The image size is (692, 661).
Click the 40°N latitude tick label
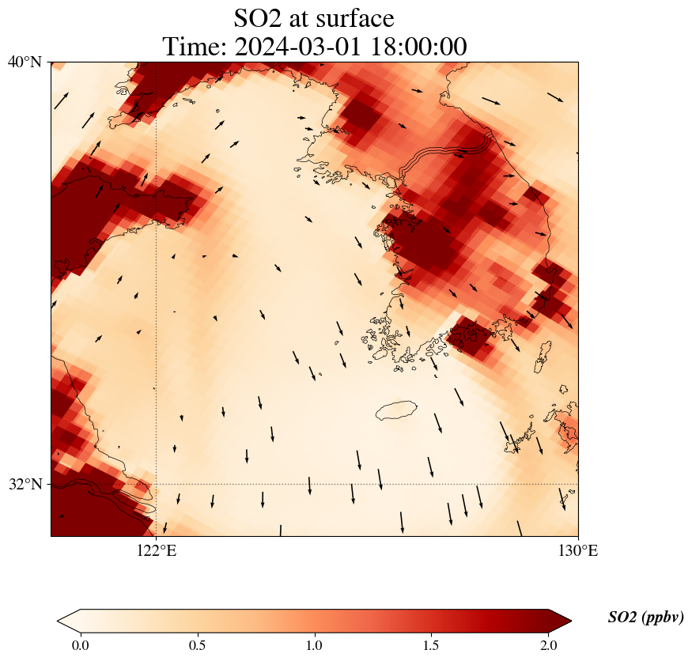coord(25,62)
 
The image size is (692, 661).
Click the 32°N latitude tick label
coord(25,484)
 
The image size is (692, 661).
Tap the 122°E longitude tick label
coord(157,551)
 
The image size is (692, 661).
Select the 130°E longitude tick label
coord(578,551)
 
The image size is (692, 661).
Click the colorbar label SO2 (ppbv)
coord(645,618)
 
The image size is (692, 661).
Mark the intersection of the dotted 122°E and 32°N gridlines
coord(157,484)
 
